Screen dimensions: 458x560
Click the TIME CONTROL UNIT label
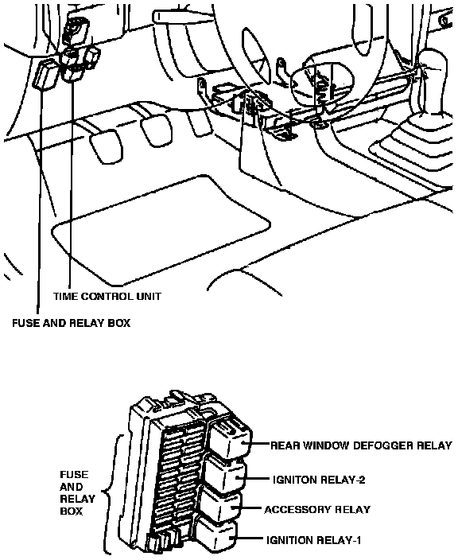click(x=107, y=297)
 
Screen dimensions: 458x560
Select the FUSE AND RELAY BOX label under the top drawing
click(x=71, y=323)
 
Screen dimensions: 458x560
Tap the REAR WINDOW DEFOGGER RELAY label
click(x=361, y=445)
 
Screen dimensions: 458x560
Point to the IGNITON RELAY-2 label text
click(x=319, y=480)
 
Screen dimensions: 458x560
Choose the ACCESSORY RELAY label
click(x=317, y=510)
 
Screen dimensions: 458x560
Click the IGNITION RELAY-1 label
click(x=314, y=540)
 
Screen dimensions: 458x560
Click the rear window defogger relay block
click(x=231, y=437)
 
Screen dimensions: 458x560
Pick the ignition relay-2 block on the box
click(x=225, y=474)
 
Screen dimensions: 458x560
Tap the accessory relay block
click(x=221, y=504)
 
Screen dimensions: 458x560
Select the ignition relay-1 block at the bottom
click(x=216, y=535)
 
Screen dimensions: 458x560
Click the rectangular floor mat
click(x=161, y=231)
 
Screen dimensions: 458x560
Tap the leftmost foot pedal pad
click(x=106, y=147)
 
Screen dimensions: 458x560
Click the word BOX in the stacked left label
click(x=72, y=511)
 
